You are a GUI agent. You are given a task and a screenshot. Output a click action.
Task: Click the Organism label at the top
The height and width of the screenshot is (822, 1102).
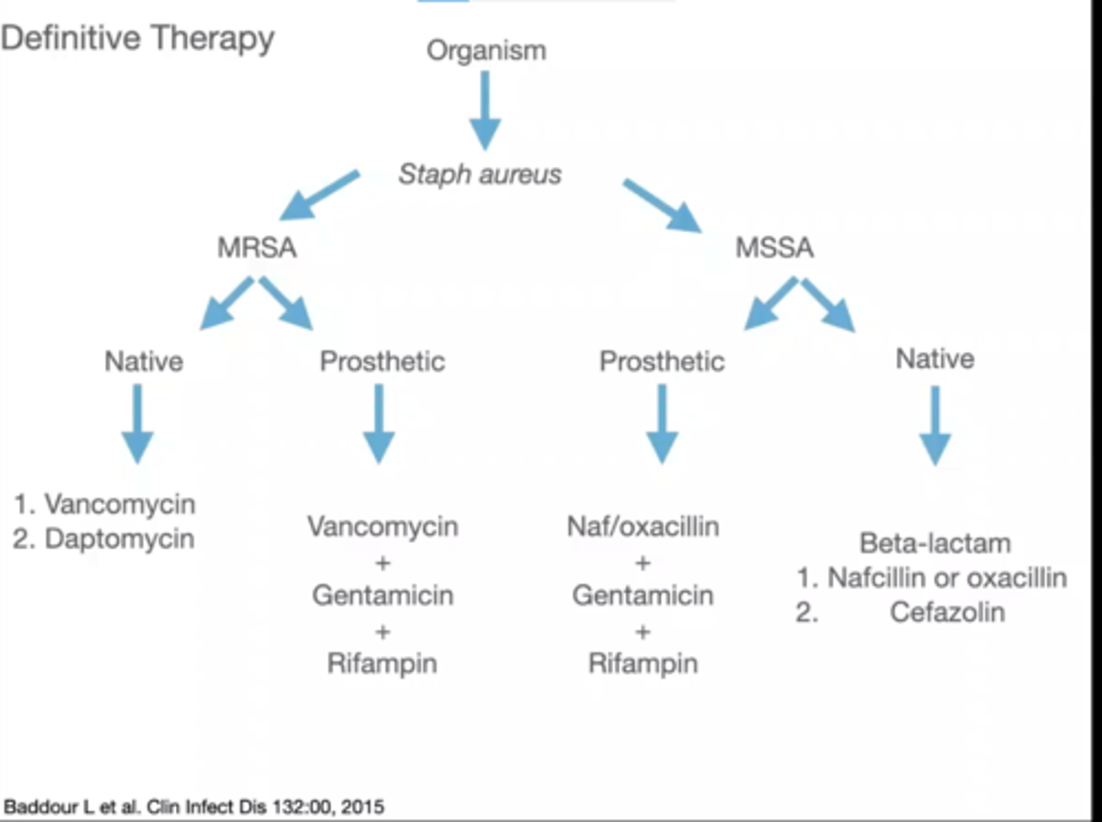487,51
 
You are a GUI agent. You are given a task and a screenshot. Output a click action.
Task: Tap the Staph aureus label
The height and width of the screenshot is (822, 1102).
480,175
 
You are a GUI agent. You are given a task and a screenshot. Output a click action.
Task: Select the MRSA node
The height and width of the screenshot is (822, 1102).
256,248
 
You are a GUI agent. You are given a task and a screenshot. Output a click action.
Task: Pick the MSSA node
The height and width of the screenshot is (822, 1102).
774,248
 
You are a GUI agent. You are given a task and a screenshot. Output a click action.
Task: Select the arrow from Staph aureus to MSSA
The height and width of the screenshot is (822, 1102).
662,204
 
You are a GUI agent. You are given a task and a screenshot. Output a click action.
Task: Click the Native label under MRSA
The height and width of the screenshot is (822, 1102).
144,361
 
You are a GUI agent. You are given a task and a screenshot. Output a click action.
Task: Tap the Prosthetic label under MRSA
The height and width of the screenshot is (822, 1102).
382,361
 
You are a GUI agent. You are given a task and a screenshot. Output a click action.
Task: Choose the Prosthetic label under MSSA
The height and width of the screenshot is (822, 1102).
662,361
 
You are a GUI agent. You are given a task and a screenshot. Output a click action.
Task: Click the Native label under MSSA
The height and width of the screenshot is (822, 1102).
935,358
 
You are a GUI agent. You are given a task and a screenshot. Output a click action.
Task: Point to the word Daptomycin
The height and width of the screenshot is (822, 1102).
119,539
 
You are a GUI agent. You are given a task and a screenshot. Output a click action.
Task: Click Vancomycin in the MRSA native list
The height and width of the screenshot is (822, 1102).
119,504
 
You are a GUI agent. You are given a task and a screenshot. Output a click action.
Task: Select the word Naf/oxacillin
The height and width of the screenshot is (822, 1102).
643,527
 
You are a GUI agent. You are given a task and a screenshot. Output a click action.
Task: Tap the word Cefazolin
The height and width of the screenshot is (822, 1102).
947,612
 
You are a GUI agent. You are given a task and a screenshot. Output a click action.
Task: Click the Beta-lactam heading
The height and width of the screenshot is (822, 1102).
935,543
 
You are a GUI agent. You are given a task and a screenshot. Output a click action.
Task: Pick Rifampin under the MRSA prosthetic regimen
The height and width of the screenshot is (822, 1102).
382,663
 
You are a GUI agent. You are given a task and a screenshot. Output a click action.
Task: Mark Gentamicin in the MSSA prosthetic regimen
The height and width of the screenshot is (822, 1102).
643,595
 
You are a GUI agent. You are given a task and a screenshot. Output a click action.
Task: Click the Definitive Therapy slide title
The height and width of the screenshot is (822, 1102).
138,38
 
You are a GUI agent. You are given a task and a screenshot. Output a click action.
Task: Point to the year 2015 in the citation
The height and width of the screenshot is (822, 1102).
363,807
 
